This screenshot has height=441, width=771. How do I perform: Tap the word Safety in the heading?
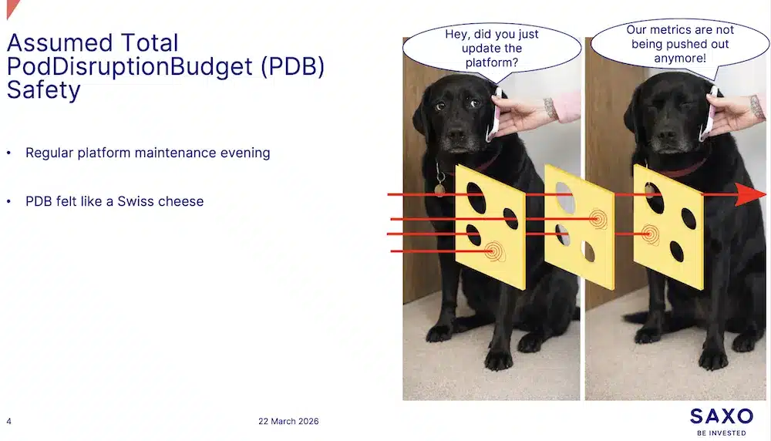coord(43,90)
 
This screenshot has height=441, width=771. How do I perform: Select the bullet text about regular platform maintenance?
coord(147,153)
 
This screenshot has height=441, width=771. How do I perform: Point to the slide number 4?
coord(8,421)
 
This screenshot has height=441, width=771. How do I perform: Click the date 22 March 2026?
coord(288,421)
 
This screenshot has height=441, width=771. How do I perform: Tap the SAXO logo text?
coord(721,416)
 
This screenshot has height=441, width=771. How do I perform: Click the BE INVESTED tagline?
coord(721,433)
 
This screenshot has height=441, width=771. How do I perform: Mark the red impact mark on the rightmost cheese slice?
coord(651,232)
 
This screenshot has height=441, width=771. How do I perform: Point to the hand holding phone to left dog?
coord(524,116)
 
